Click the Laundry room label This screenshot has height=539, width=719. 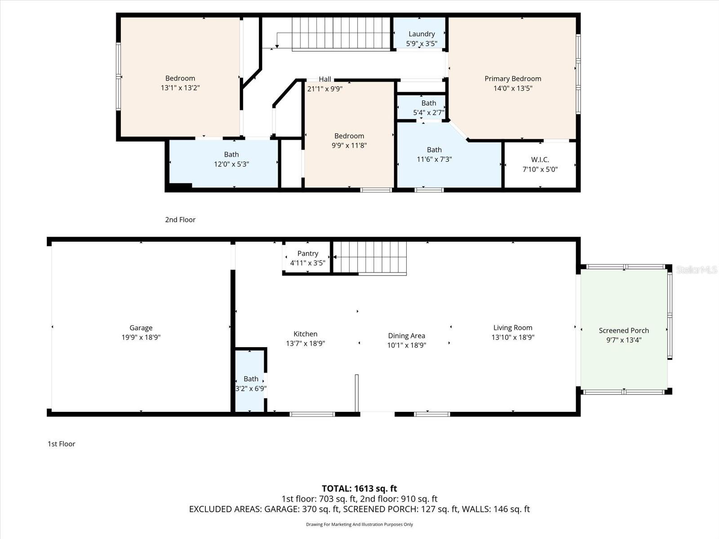coord(421,34)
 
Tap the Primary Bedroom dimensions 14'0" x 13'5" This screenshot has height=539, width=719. coord(513,88)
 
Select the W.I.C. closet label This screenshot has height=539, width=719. coord(540,160)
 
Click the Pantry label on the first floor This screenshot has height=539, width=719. coord(307,254)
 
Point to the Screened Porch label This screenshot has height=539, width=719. coord(624,331)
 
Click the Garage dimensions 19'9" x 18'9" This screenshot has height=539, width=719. coord(141,337)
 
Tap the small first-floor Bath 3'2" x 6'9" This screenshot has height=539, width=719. coord(251,384)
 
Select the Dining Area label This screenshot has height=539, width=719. coord(406,336)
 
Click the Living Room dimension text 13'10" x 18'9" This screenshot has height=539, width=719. coord(513,337)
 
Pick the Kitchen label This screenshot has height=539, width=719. coord(305,334)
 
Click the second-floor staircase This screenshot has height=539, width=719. coord(340,33)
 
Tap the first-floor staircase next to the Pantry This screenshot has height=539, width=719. coord(370,257)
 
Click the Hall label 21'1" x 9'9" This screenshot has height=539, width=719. coord(324,84)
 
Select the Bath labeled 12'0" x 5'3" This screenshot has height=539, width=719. coord(231,159)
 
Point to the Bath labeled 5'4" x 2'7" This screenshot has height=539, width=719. coord(428,108)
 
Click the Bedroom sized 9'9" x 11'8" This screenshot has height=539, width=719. coord(349,141)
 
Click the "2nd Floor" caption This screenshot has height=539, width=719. coord(180,220)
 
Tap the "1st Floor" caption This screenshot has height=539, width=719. coord(62,444)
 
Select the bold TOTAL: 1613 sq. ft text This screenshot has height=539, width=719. coord(359,488)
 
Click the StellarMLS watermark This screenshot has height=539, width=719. coord(696,269)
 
